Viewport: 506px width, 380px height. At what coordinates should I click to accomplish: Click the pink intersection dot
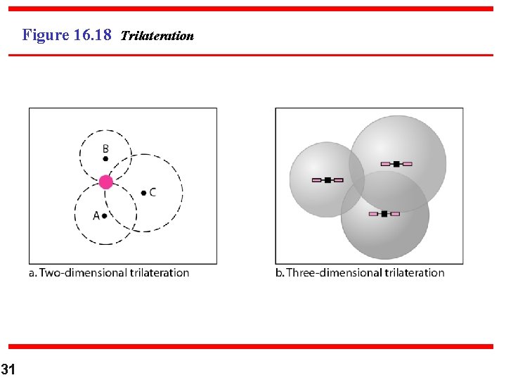click(x=105, y=182)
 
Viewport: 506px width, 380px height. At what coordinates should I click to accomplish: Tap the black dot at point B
click(x=105, y=159)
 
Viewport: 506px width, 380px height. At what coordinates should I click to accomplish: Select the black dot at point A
click(x=105, y=216)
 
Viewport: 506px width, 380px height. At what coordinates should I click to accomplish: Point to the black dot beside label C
click(x=143, y=192)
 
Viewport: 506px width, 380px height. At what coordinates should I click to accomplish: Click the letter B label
click(x=105, y=148)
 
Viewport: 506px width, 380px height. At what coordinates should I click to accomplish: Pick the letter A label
click(x=96, y=215)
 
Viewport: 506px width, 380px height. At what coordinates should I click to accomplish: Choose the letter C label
click(x=153, y=192)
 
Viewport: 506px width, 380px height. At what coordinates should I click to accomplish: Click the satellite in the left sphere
click(x=327, y=180)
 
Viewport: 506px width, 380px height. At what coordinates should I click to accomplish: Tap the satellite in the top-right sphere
click(x=396, y=164)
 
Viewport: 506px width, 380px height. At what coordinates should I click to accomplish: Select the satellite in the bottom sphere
click(x=384, y=213)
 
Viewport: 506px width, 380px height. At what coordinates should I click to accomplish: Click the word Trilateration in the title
click(x=157, y=36)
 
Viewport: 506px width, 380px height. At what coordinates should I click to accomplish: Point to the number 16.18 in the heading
click(x=92, y=34)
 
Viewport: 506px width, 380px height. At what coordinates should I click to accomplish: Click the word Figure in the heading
click(x=46, y=34)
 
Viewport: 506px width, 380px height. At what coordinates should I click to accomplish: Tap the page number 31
click(x=8, y=369)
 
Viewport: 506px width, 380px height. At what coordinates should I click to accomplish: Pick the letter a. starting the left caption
click(x=32, y=272)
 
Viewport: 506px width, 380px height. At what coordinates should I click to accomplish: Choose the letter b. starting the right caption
click(x=280, y=272)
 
